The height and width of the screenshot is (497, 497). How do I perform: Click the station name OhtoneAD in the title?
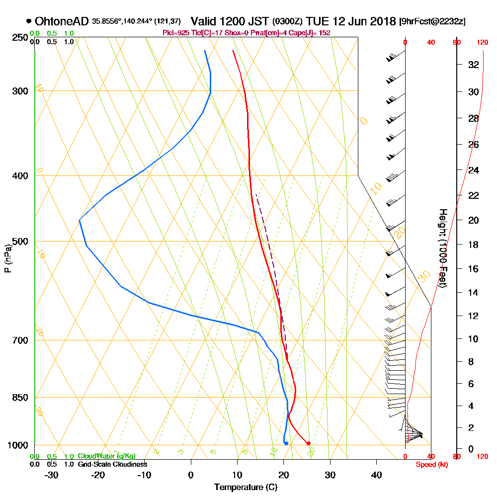pyautogui.click(x=62, y=21)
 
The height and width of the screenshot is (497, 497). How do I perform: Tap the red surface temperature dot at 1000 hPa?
pyautogui.click(x=309, y=443)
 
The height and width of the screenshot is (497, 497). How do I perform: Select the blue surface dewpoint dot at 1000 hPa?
pyautogui.click(x=286, y=443)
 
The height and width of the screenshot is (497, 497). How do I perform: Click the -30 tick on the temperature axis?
pyautogui.click(x=52, y=475)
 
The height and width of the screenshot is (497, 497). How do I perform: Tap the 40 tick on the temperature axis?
pyautogui.click(x=376, y=475)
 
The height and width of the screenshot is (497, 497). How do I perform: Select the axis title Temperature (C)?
pyautogui.click(x=246, y=488)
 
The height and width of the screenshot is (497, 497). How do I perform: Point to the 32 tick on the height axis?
pyautogui.click(x=473, y=65)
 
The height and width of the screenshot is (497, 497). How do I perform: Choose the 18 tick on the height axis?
pyautogui.click(x=473, y=245)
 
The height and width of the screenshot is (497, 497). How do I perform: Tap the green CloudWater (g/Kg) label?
pyautogui.click(x=106, y=456)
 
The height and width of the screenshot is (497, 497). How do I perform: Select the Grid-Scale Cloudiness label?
pyautogui.click(x=112, y=464)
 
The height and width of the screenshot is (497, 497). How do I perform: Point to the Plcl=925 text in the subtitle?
pyautogui.click(x=175, y=33)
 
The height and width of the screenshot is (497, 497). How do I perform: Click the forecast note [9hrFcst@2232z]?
pyautogui.click(x=432, y=22)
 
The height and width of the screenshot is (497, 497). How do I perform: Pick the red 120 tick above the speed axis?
pyautogui.click(x=482, y=43)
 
